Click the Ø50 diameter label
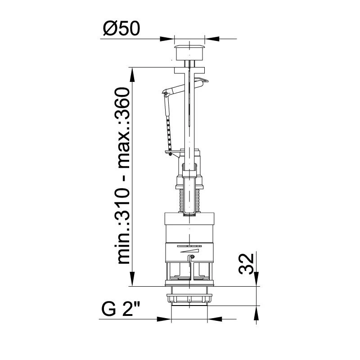coord(121,29)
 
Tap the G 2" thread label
coord(121,309)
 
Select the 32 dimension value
coord(246,264)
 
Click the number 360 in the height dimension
coord(122,105)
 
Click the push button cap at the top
coord(189,52)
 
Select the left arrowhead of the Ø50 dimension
coord(167,39)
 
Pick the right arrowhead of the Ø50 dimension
coord(212,39)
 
